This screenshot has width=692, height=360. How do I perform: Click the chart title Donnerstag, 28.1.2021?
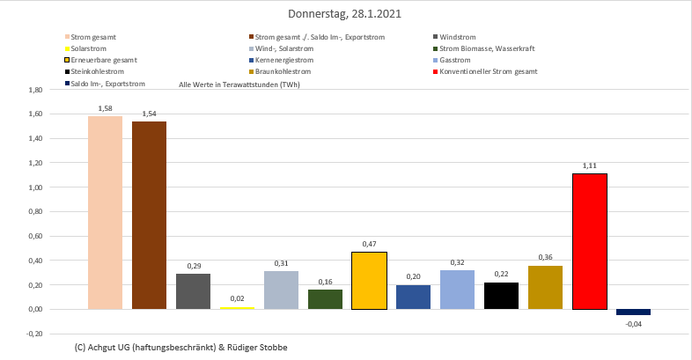click(346, 14)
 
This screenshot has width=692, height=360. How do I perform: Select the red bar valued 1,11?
click(590, 241)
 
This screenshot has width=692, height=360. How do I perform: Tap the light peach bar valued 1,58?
click(106, 212)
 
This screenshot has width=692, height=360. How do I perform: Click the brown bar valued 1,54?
click(150, 215)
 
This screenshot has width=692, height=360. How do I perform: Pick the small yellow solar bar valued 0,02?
click(238, 308)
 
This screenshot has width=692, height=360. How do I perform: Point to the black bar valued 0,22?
click(502, 296)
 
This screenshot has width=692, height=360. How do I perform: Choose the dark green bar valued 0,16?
click(326, 299)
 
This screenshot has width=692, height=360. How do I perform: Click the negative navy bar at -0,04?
click(634, 312)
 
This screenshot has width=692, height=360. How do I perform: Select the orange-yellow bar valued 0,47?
click(370, 281)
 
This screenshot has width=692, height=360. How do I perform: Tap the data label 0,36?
click(546, 257)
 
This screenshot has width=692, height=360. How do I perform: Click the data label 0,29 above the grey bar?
click(194, 266)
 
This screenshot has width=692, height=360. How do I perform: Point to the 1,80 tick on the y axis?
click(36, 90)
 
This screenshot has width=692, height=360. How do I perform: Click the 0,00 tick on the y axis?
click(36, 309)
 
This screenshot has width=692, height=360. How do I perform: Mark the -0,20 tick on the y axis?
click(35, 334)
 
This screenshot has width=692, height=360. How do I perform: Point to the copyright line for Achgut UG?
click(181, 347)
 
